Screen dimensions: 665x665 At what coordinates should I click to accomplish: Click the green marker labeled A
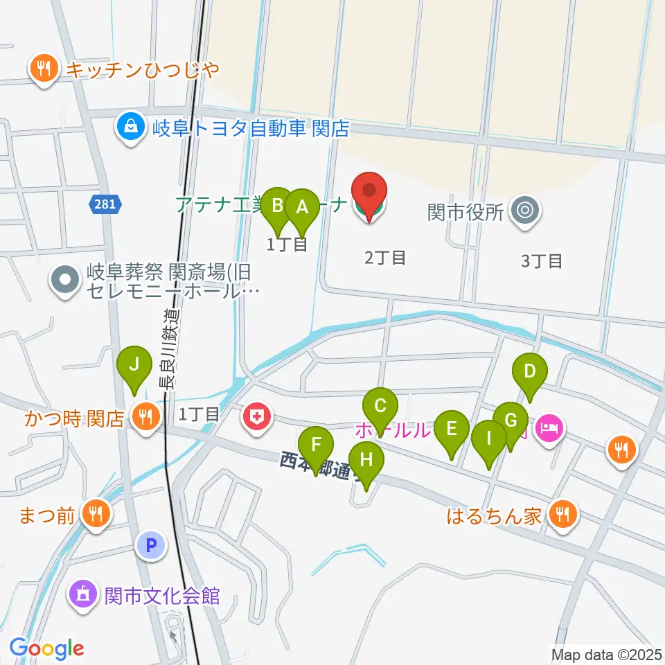pos(301,208)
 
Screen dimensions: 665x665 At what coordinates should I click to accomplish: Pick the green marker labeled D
pos(530,372)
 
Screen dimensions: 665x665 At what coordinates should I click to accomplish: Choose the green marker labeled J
pos(134,364)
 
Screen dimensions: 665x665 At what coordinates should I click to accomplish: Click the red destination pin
pos(369,192)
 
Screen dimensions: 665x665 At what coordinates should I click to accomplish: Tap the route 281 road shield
pos(105,204)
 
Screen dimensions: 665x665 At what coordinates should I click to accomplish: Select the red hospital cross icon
pos(256,418)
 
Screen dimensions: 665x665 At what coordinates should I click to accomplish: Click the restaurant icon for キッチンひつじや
pos(44,69)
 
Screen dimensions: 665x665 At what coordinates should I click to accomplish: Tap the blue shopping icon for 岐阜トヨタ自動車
pos(130,127)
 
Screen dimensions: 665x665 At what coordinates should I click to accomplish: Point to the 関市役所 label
pos(474,211)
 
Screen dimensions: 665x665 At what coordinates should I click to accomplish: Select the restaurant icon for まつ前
pos(94,514)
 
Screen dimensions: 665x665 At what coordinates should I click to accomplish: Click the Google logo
pos(46,648)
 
